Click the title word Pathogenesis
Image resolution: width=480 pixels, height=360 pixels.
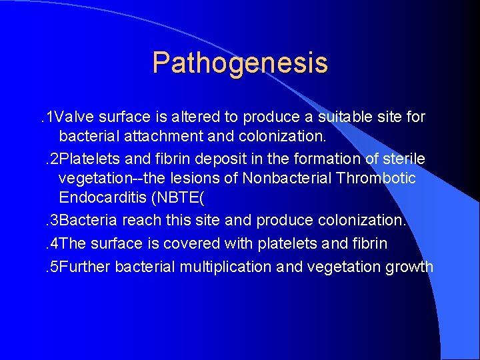pyautogui.click(x=240, y=63)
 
